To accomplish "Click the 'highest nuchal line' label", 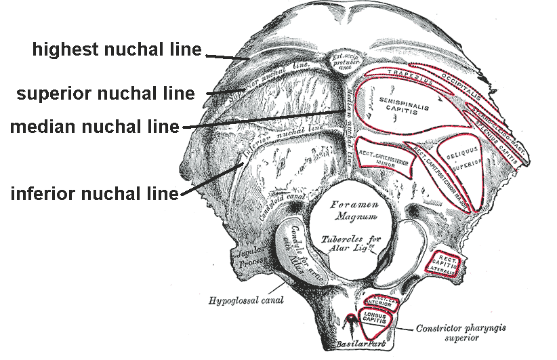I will point(117,49).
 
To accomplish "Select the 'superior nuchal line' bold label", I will point(105,93).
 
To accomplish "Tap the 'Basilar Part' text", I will point(351,345).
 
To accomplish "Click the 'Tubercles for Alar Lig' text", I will point(346,245).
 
